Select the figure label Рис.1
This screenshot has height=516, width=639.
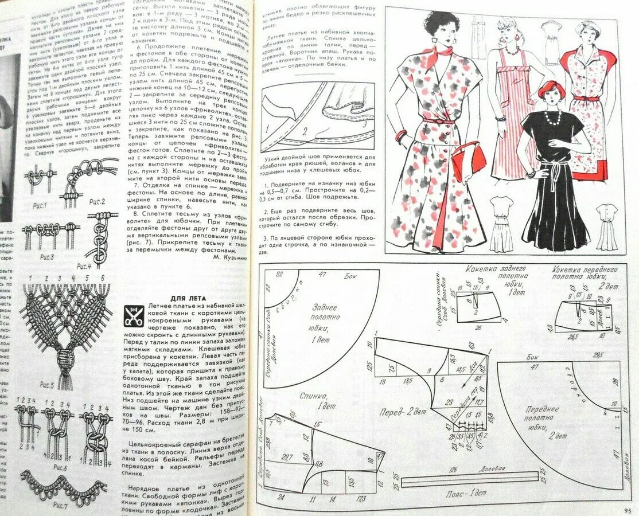[38, 205]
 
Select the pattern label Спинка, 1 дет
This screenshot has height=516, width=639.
[313, 400]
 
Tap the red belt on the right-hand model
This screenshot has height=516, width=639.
[586, 99]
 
